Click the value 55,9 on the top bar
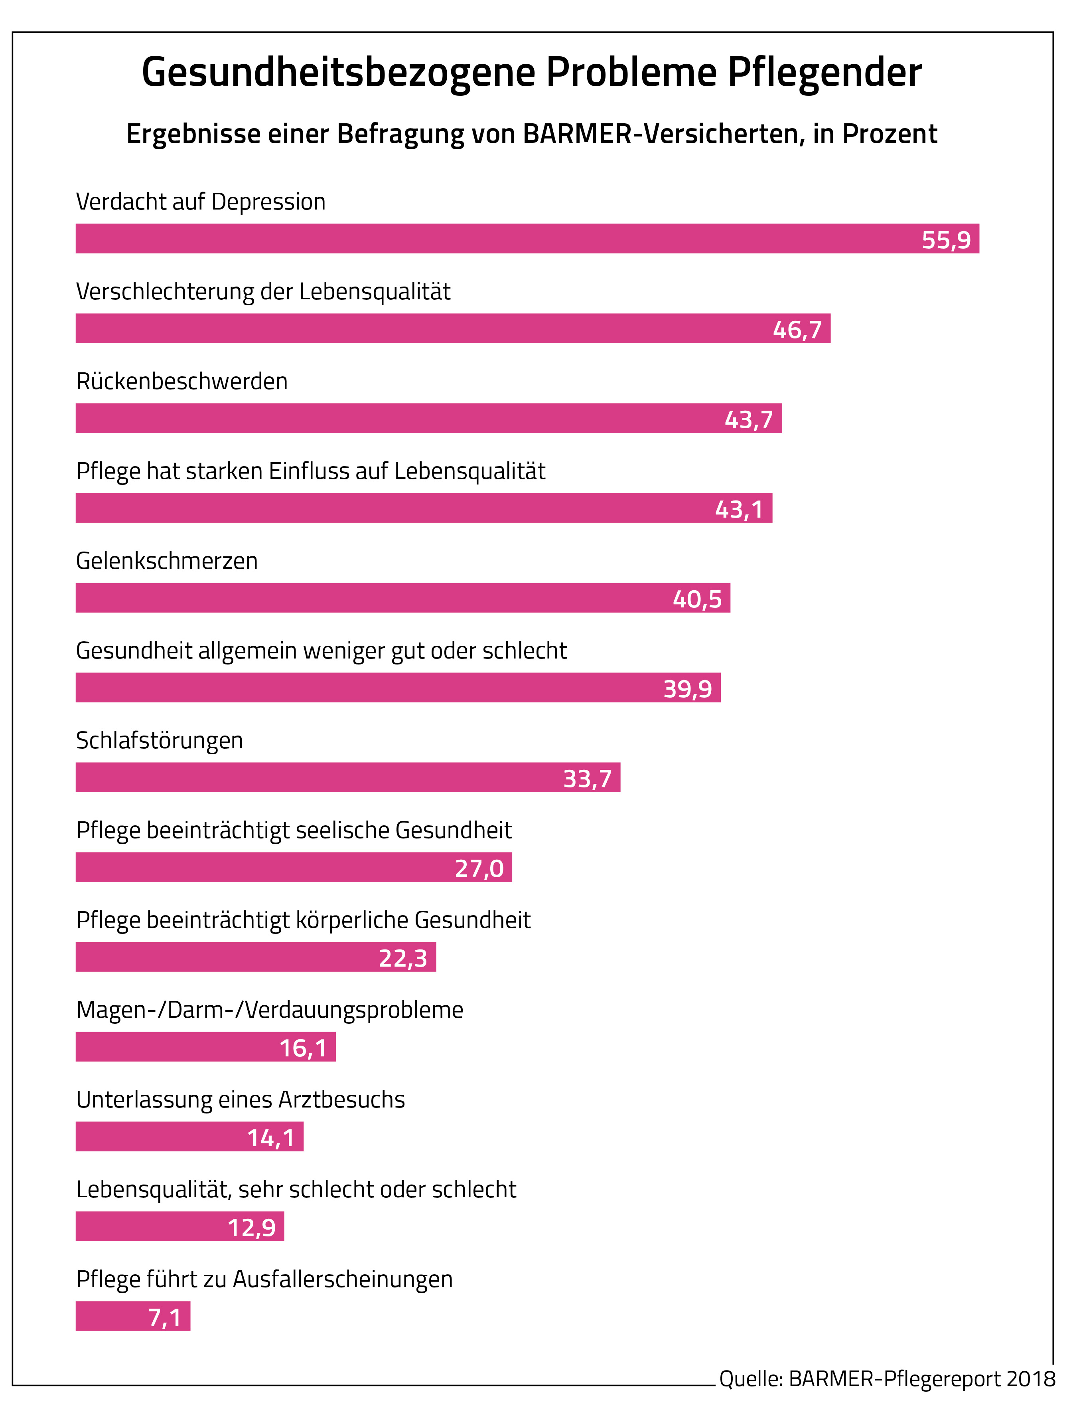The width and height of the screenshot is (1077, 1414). [946, 240]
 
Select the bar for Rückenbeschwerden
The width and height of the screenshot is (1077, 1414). [428, 418]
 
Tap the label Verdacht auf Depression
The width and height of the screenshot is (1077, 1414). [201, 202]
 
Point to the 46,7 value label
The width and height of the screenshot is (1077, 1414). [797, 330]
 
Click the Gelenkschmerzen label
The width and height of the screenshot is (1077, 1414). [167, 560]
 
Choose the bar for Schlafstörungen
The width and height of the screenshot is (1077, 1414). [347, 777]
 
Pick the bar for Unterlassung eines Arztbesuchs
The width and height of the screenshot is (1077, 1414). [189, 1136]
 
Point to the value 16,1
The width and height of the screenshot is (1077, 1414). [303, 1048]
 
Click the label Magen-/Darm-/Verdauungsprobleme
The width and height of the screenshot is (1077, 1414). [269, 1009]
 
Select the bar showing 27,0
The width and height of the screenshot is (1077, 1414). [294, 867]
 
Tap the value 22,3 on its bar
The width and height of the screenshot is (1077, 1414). [402, 958]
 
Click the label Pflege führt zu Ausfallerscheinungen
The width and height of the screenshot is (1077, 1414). [264, 1279]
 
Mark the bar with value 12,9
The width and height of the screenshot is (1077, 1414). [179, 1226]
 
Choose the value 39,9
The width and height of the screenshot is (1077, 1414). [687, 689]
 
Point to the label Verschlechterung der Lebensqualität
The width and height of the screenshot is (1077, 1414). [263, 291]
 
